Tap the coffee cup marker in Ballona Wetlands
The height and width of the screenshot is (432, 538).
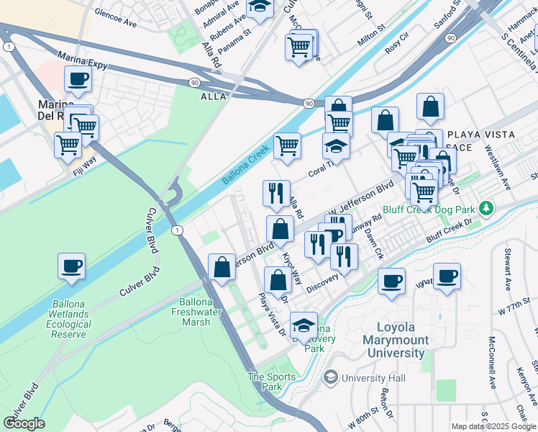72,266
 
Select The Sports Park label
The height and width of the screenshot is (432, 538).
271,382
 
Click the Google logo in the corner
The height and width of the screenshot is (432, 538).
24,423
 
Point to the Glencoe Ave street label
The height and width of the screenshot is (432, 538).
114,23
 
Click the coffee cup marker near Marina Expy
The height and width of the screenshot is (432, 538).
78,78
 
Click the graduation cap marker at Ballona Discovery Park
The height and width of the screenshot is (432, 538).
304,325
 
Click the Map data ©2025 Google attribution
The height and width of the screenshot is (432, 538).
493,426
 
